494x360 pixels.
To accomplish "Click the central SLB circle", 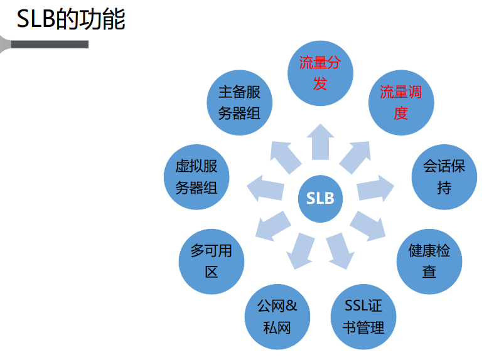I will pyautogui.click(x=320, y=199).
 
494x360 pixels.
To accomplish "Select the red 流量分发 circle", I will pyautogui.click(x=320, y=74).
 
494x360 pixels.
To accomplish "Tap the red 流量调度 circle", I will pyautogui.click(x=400, y=103).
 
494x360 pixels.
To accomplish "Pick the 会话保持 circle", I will pyautogui.click(x=444, y=177).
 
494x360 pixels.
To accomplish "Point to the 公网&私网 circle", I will pyautogui.click(x=277, y=317).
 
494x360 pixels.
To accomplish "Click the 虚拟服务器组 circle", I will pyautogui.click(x=196, y=177).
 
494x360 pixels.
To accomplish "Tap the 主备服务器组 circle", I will pyautogui.click(x=239, y=103).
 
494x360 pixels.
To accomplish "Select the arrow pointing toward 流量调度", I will pyautogui.click(x=355, y=156).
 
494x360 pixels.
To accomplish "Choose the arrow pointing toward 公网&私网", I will pyautogui.click(x=301, y=250).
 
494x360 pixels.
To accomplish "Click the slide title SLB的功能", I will pyautogui.click(x=71, y=19).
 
